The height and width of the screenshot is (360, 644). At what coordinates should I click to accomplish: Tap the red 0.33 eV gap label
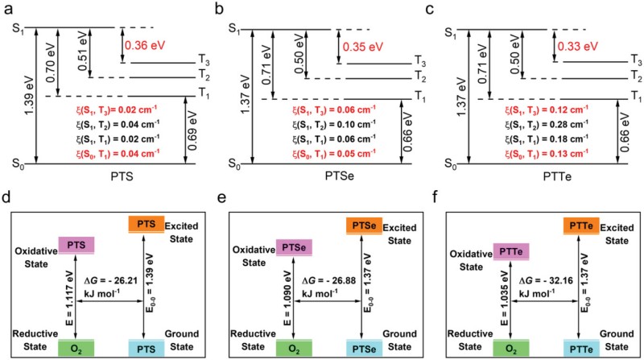coord(579,47)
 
